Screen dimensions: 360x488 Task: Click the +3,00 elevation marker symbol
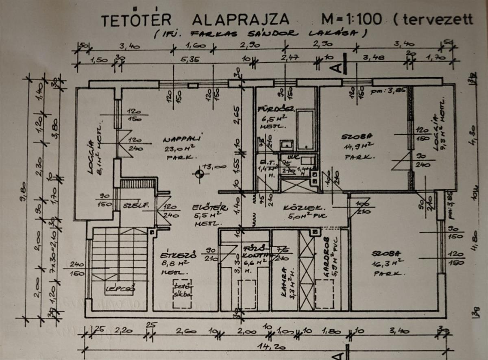click(x=199, y=174)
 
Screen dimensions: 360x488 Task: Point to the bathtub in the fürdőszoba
click(x=305, y=129)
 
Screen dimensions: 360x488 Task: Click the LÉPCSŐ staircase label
click(x=114, y=290)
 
